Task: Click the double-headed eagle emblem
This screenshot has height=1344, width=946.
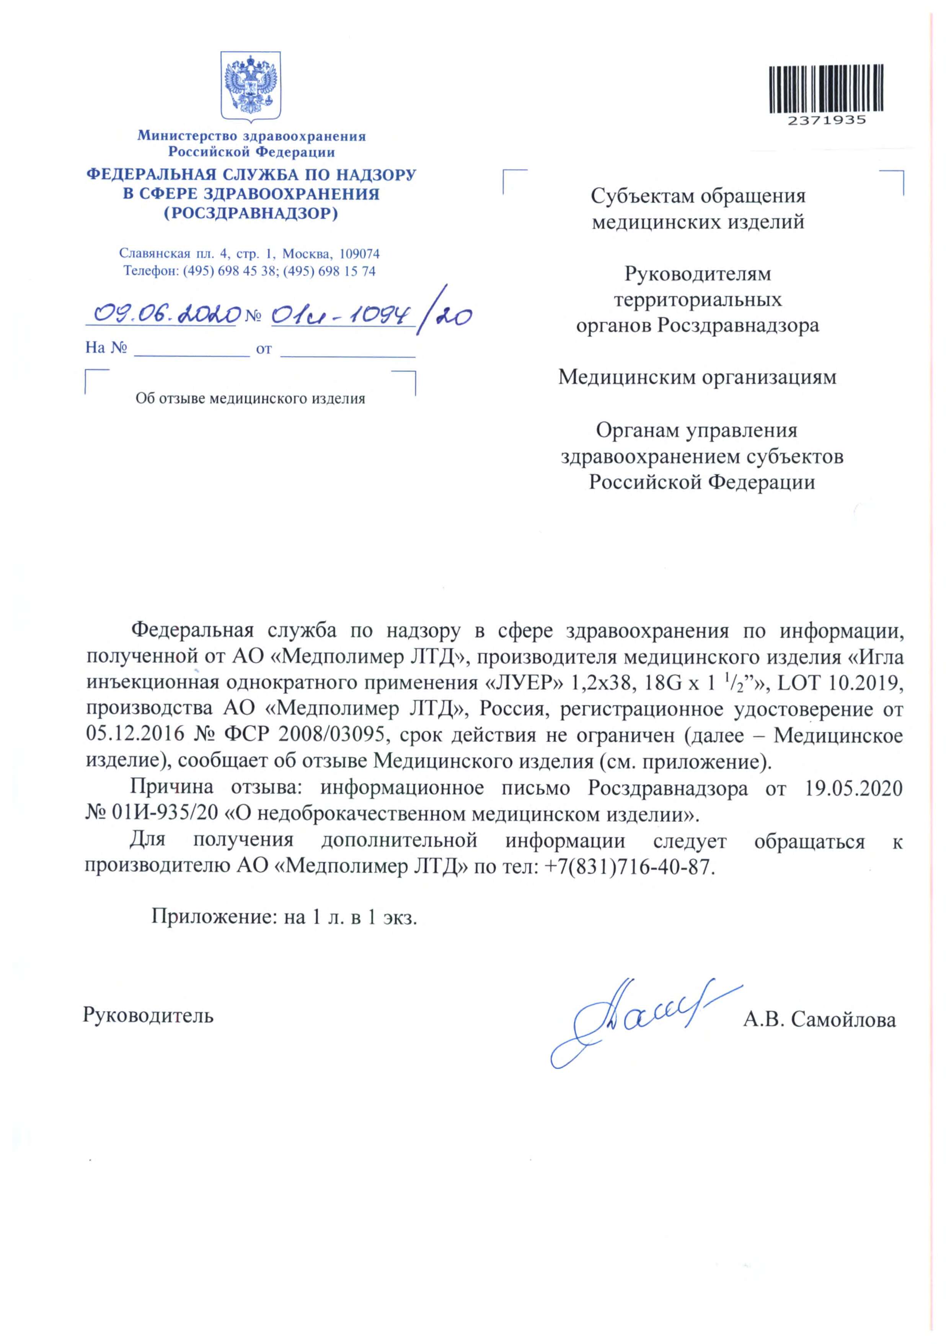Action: (250, 86)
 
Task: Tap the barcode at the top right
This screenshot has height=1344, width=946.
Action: (825, 88)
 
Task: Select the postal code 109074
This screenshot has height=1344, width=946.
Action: (359, 254)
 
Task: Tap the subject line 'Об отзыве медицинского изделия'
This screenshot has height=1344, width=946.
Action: (250, 399)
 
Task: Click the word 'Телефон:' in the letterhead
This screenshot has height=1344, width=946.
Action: (150, 271)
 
